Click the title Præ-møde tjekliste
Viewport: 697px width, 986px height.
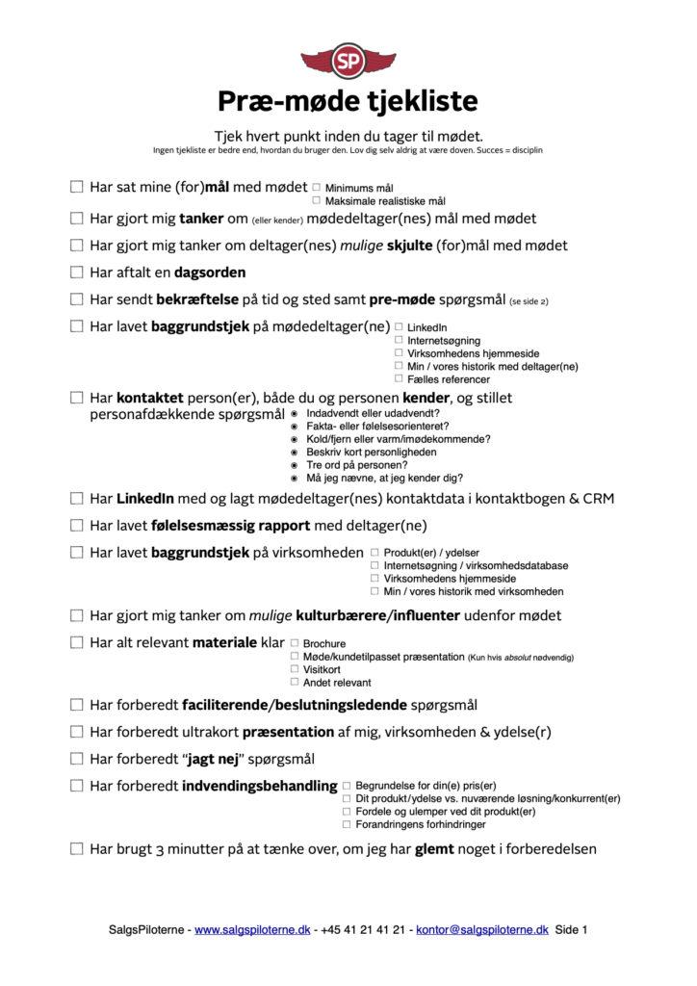click(348, 101)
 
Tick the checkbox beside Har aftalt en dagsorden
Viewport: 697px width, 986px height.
click(77, 272)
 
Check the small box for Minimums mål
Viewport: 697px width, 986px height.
click(316, 188)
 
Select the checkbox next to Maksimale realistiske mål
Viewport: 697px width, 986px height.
click(316, 201)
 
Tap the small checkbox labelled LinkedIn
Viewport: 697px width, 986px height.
click(399, 327)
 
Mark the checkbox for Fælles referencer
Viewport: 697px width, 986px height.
click(399, 379)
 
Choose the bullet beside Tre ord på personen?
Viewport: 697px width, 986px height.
click(295, 465)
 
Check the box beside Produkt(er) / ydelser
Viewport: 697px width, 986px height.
click(374, 553)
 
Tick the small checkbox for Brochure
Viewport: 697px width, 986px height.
click(294, 643)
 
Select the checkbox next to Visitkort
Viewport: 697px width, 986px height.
click(294, 669)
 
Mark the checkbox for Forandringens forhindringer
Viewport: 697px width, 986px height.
click(347, 824)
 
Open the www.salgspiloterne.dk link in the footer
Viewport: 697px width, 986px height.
click(252, 930)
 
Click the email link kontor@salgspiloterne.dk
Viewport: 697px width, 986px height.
click(481, 930)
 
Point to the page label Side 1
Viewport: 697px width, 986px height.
click(571, 930)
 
